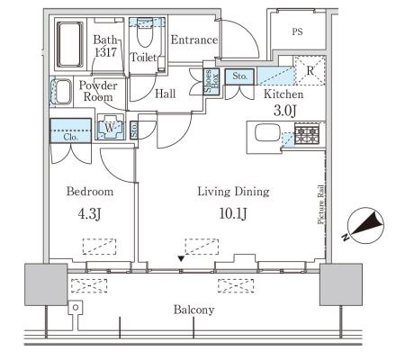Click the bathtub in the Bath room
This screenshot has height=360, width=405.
(x=70, y=44)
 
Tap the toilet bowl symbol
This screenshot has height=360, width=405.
(x=145, y=36)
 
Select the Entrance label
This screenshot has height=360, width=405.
(x=194, y=40)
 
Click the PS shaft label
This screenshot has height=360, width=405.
(x=297, y=31)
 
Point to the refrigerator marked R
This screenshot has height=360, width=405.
(x=310, y=70)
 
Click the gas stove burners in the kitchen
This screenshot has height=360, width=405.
(x=307, y=133)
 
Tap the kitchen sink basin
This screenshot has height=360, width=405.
(x=267, y=133)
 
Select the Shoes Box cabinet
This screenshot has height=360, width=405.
(x=211, y=82)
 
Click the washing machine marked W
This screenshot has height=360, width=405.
(x=110, y=128)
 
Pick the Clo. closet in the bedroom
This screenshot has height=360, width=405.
(x=71, y=130)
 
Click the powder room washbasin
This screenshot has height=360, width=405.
(x=62, y=92)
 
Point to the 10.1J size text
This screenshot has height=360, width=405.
(x=233, y=214)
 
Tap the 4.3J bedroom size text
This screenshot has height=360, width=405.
(x=89, y=214)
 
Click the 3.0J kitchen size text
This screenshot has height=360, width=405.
(x=284, y=111)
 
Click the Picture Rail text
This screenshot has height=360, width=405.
(x=321, y=204)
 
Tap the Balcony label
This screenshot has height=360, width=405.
(x=194, y=310)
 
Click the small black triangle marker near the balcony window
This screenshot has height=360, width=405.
(x=181, y=258)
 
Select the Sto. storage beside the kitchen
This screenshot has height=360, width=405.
(x=239, y=76)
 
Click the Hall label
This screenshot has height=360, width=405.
(x=166, y=94)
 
